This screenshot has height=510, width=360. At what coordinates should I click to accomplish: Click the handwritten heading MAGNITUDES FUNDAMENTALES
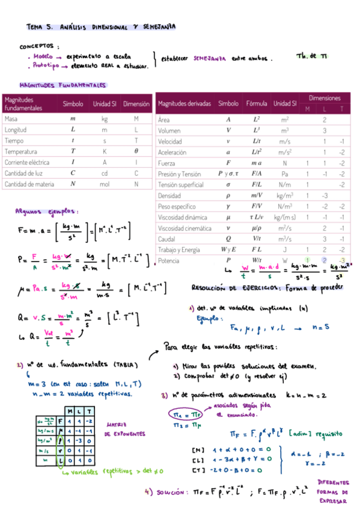point(63,85)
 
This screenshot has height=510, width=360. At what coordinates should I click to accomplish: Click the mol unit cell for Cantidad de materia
point(105,184)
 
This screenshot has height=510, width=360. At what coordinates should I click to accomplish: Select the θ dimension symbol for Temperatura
point(136,152)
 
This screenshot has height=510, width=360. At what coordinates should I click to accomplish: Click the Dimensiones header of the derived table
point(325,97)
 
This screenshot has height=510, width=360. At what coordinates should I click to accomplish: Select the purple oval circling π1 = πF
point(178,415)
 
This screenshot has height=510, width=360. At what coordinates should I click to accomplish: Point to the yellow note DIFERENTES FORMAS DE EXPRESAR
point(336,490)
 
